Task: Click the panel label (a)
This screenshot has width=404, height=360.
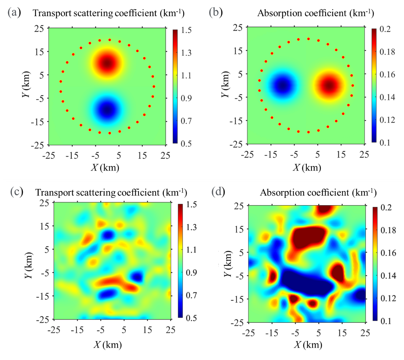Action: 14,13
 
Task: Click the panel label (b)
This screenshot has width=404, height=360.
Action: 216,13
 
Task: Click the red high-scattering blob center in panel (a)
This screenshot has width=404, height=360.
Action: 107,63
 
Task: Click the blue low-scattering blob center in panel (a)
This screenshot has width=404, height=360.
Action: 107,110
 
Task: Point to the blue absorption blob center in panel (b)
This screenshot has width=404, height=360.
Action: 283,86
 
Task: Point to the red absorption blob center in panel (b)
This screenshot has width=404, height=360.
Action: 329,85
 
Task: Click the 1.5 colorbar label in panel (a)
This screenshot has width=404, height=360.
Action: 187,31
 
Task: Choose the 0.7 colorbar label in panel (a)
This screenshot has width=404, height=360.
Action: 187,121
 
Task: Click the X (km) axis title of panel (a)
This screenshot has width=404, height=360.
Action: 105,168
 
